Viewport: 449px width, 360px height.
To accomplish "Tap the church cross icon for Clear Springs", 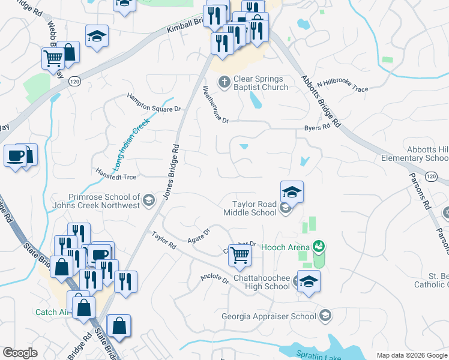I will (224, 82).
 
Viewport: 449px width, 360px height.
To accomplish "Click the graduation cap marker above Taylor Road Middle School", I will (292, 192).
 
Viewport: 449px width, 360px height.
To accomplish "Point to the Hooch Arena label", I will (286, 247).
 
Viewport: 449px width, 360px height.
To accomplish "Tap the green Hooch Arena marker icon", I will (318, 246).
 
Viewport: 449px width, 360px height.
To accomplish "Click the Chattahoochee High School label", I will (260, 282).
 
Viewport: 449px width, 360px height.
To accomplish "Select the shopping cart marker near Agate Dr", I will (240, 255).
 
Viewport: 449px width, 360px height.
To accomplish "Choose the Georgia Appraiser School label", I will (268, 316).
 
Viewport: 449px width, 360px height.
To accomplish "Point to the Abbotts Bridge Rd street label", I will (321, 101).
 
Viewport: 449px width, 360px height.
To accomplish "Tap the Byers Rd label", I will (317, 127).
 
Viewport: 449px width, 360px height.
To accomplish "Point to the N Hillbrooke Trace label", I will (342, 86).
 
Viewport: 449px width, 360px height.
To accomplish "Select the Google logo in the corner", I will (20, 353).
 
